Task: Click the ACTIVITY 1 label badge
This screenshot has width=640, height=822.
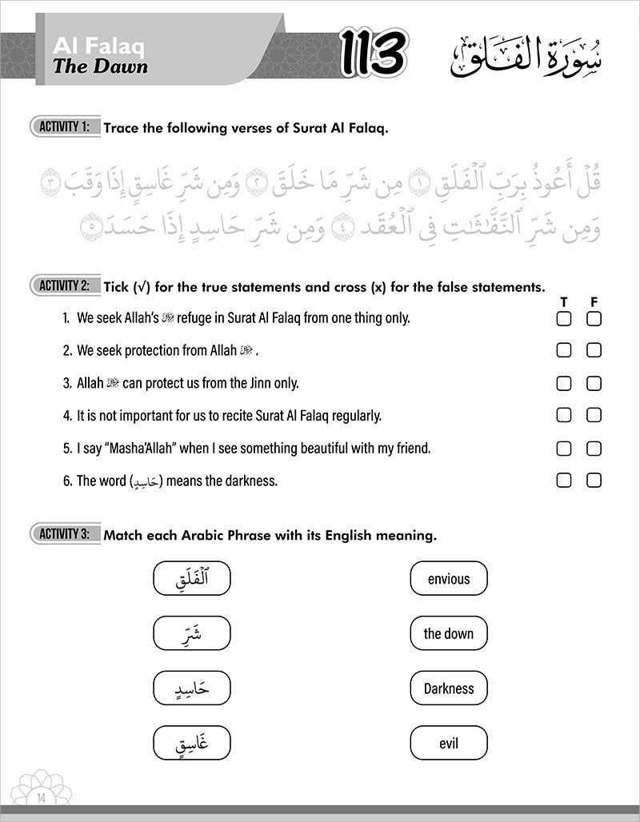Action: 65,126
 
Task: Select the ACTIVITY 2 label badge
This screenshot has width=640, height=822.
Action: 65,285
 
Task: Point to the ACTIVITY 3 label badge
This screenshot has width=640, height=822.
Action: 65,534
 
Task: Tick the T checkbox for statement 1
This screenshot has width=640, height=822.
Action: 564,318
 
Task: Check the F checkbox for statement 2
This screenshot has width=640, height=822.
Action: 594,350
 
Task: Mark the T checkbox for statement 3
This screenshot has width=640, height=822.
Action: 564,383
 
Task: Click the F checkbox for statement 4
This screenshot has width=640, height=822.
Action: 594,415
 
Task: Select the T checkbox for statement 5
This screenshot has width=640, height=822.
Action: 564,448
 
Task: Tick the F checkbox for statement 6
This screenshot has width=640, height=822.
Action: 594,481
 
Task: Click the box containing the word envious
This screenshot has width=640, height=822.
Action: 448,579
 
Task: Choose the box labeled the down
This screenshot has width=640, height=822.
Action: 448,634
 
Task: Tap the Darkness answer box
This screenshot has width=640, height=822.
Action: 448,688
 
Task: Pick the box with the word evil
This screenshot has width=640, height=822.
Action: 448,744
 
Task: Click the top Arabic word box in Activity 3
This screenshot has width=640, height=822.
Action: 191,579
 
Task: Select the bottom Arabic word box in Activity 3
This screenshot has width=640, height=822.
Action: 191,744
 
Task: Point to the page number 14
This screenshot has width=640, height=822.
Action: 42,796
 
